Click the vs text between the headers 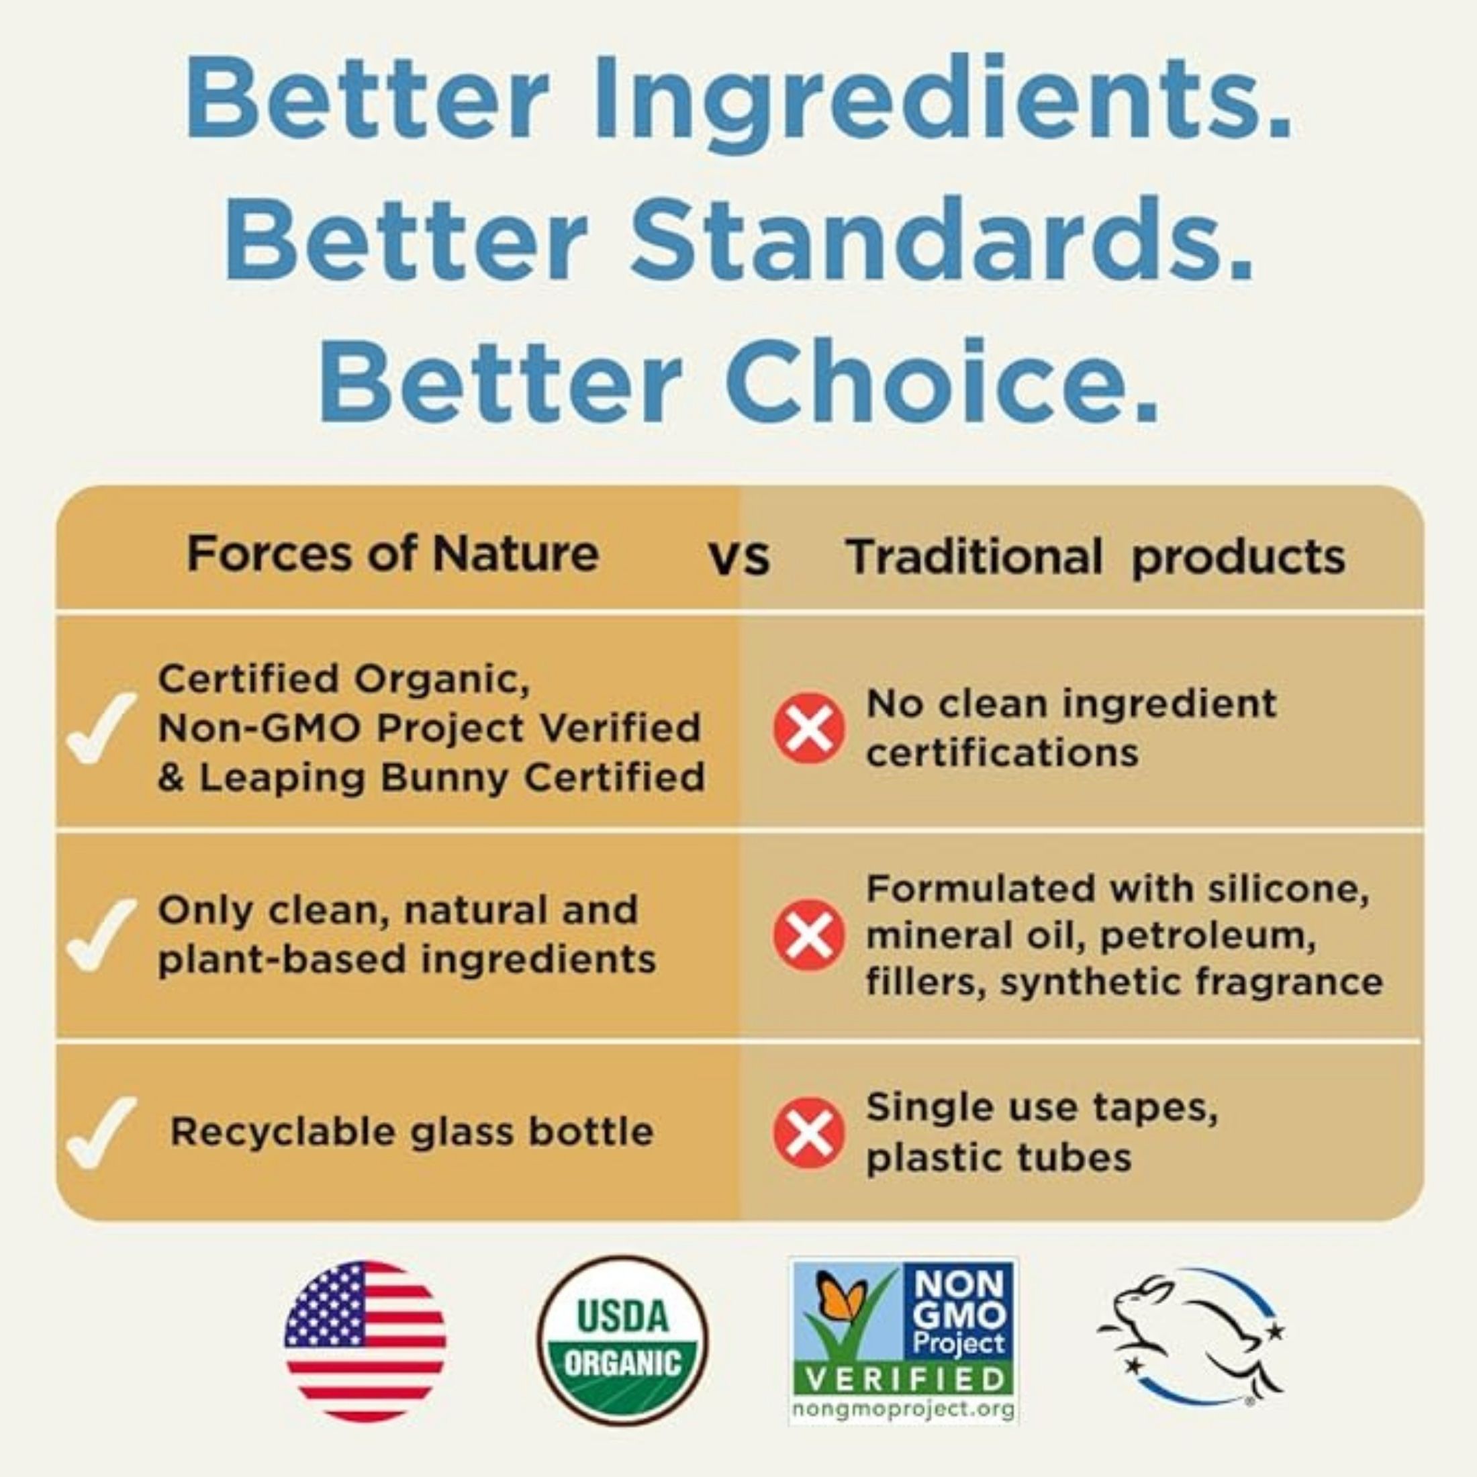click(739, 559)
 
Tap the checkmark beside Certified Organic click(101, 727)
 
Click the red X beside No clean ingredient click(809, 728)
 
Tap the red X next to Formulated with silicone click(809, 935)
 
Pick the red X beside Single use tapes click(809, 1133)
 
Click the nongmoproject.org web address click(904, 1409)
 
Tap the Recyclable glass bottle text click(412, 1132)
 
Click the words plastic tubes click(998, 1157)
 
